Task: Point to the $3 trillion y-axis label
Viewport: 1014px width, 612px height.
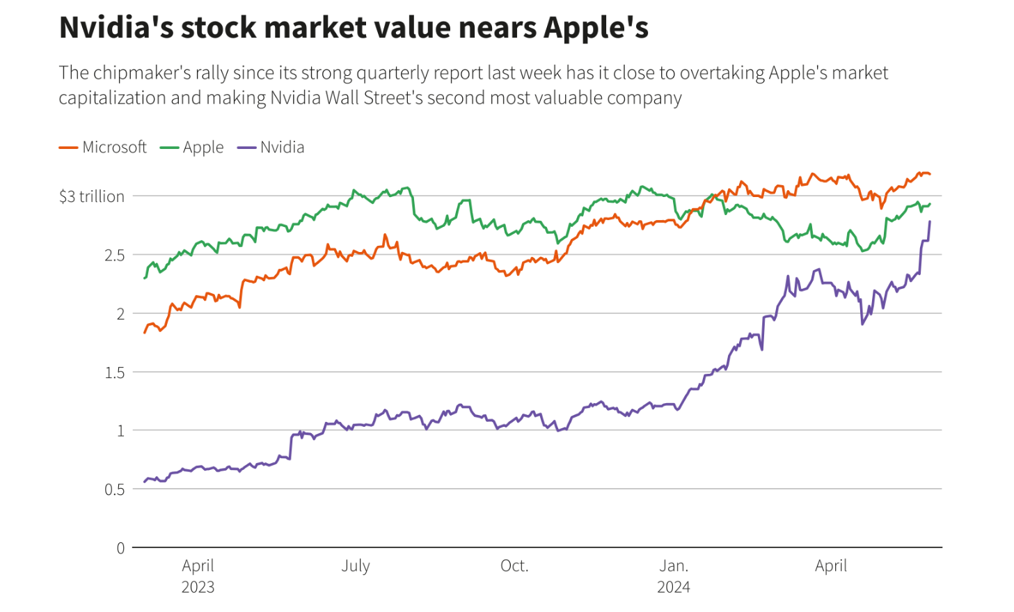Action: coord(92,196)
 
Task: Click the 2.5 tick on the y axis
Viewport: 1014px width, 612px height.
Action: coord(115,255)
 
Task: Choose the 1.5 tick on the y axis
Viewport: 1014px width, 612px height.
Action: coord(115,372)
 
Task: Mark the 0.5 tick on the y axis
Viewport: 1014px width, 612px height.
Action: coord(115,489)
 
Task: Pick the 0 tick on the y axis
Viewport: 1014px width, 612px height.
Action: coord(120,548)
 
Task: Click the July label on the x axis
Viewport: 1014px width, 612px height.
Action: coord(356,565)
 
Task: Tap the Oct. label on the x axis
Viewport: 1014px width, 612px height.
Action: coord(514,565)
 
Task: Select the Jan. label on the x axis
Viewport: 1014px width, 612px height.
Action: coord(674,565)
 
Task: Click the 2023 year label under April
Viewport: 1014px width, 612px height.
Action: coord(198,587)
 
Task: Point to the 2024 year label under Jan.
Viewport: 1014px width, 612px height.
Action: coord(674,587)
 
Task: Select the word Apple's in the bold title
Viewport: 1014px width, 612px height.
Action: coord(596,28)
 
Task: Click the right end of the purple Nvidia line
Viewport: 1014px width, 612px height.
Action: coord(930,222)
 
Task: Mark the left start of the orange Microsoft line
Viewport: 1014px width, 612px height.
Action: coord(145,333)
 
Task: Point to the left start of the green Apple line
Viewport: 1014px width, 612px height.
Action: coord(145,278)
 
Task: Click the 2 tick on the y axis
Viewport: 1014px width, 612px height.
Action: coord(120,314)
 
